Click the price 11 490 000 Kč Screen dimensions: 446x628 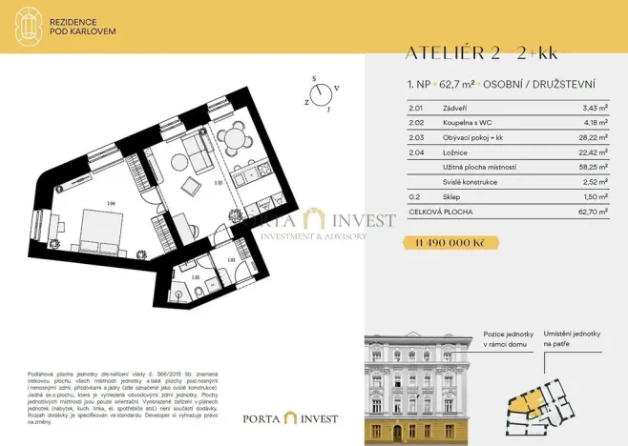(450, 243)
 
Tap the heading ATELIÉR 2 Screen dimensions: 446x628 (442, 53)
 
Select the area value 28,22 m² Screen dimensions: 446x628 (594, 136)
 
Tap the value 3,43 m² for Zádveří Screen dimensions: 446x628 (596, 109)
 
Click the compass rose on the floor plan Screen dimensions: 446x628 (324, 92)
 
